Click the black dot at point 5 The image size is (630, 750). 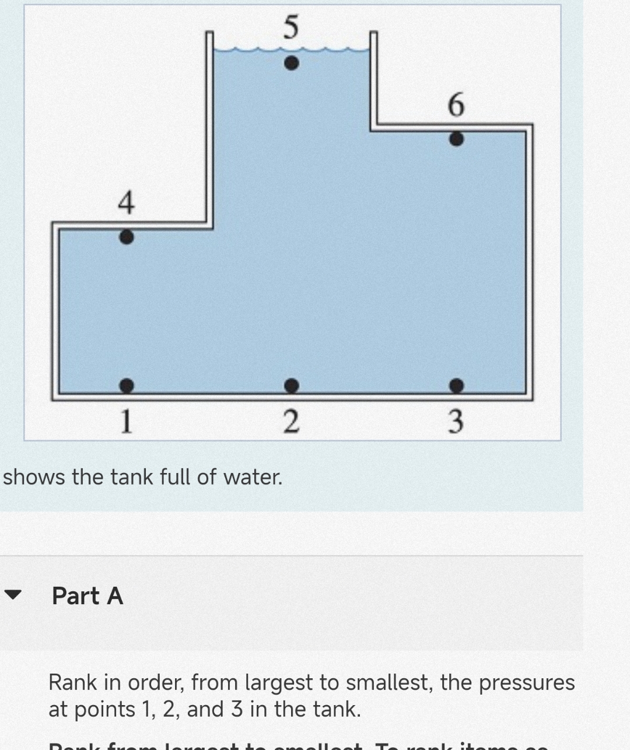pyautogui.click(x=292, y=63)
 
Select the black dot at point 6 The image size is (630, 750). pyautogui.click(x=456, y=139)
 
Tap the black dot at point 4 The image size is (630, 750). pyautogui.click(x=126, y=237)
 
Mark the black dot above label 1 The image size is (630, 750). pyautogui.click(x=126, y=385)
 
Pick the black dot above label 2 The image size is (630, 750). pyautogui.click(x=292, y=385)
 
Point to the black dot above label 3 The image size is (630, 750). pyautogui.click(x=456, y=385)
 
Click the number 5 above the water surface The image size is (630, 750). pyautogui.click(x=290, y=27)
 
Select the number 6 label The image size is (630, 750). pyautogui.click(x=456, y=106)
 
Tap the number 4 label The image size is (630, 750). pyautogui.click(x=126, y=204)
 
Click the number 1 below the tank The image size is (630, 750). pyautogui.click(x=126, y=420)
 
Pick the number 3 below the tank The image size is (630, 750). pyautogui.click(x=456, y=420)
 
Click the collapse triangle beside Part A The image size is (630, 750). pyautogui.click(x=13, y=595)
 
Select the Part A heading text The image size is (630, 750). pyautogui.click(x=87, y=596)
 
